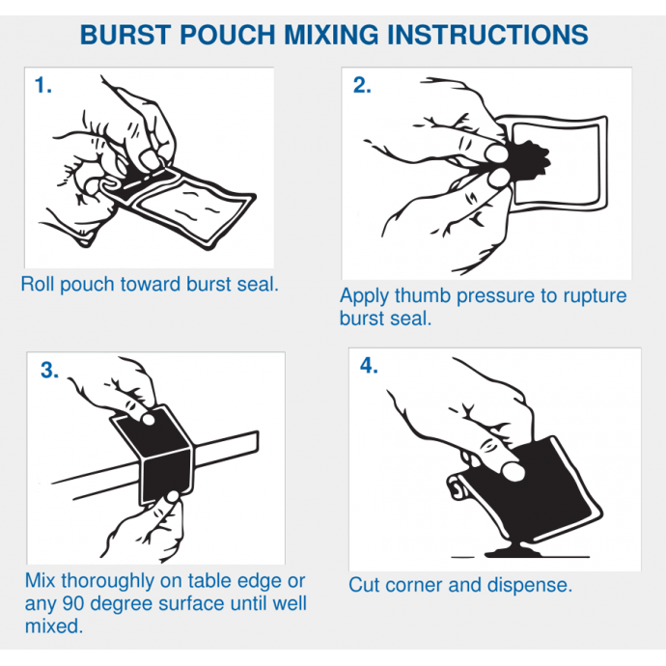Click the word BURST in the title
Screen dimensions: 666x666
[125, 35]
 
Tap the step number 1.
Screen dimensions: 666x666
[42, 85]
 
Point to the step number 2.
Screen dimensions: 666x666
[362, 85]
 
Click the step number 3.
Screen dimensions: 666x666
[49, 370]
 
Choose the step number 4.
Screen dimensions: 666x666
[369, 365]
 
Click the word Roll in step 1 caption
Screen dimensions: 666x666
[39, 284]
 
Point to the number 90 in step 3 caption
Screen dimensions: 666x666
[73, 603]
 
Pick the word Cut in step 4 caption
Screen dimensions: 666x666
[365, 585]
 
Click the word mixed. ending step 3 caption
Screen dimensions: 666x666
[54, 626]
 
